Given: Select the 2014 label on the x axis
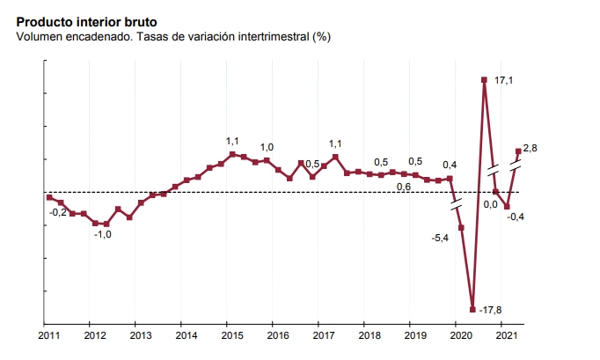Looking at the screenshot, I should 186,336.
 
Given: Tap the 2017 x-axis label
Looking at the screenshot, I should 323,336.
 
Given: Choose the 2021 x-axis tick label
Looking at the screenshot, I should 506,336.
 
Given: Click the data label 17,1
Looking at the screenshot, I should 504,81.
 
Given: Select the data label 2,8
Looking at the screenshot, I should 530,148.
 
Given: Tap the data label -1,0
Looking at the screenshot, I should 103,235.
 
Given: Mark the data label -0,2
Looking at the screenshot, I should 58,212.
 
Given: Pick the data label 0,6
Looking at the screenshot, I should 404,187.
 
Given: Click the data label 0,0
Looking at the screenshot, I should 491,204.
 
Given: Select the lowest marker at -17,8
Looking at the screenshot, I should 472,309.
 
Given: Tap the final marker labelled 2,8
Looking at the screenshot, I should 518,151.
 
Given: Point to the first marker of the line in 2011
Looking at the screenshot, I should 49,197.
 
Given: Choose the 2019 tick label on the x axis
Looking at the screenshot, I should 414,336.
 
